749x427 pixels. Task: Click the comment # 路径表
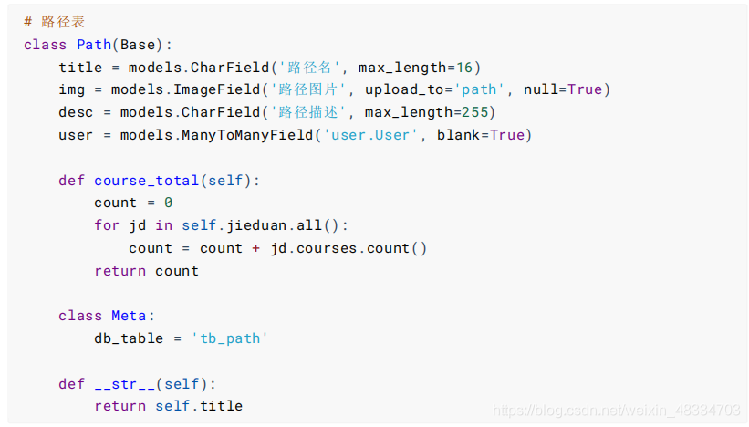click(x=54, y=22)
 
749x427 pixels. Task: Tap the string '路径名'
click(x=309, y=68)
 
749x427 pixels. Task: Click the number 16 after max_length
click(x=463, y=68)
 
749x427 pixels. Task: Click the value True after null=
click(x=585, y=89)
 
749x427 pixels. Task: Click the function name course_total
click(x=146, y=180)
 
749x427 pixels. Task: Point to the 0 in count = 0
click(x=168, y=203)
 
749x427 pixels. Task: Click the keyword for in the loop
click(x=107, y=225)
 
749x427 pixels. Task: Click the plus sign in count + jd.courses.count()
click(x=256, y=248)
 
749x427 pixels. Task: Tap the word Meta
click(x=129, y=316)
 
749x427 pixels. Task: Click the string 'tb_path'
click(x=229, y=338)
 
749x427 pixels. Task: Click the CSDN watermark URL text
click(x=616, y=411)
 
